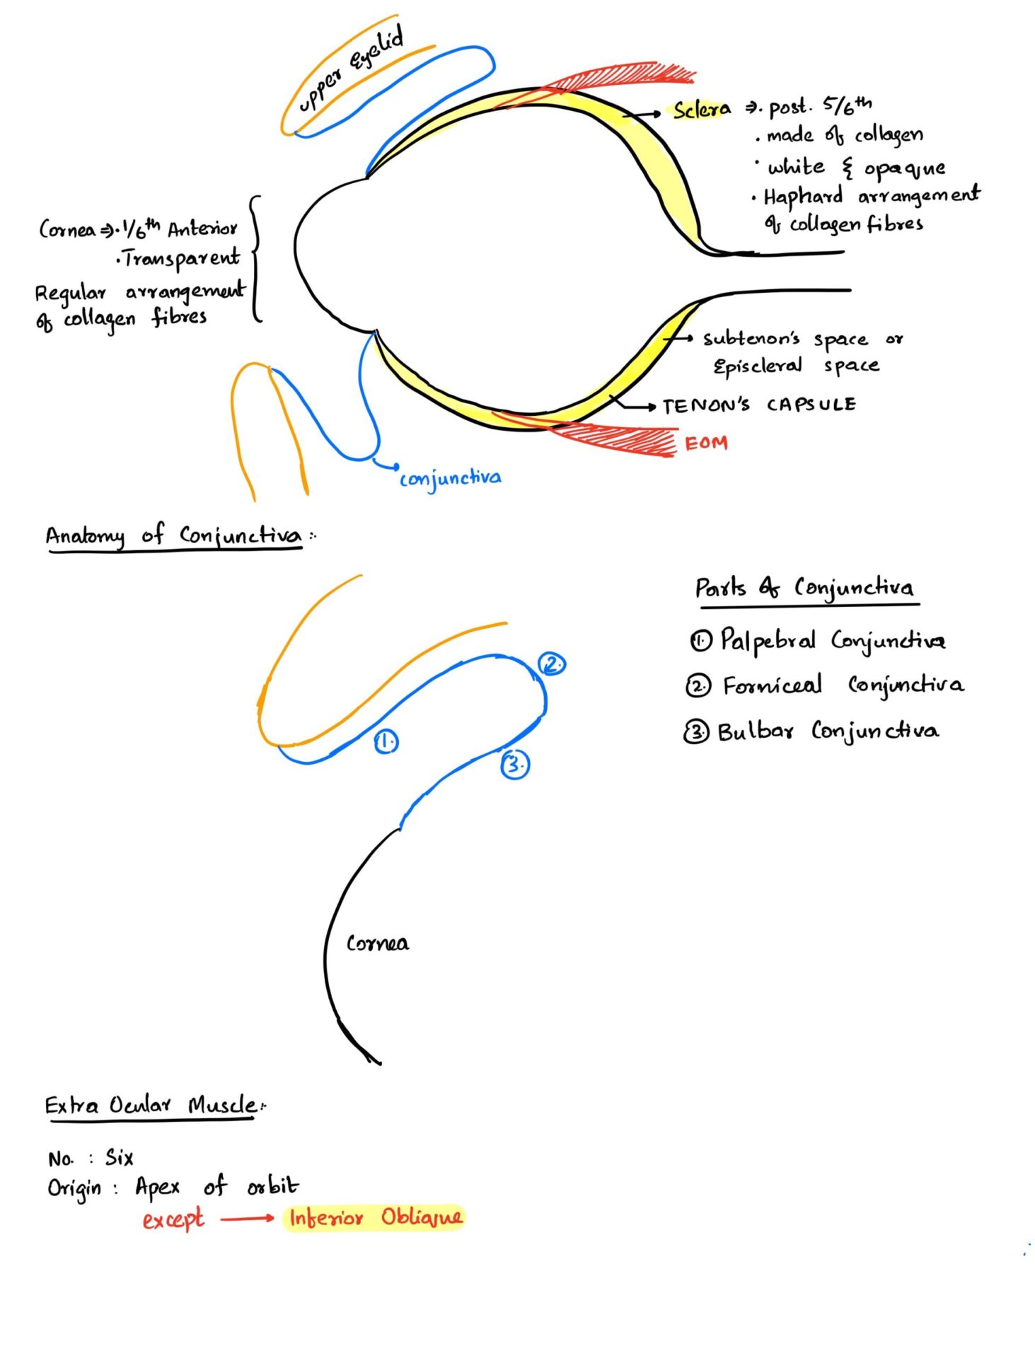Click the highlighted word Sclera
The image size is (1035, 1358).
701,110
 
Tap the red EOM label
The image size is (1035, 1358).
705,443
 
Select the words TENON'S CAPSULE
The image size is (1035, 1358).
758,405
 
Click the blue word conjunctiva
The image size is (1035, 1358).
451,479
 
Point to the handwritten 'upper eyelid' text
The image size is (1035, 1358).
351,68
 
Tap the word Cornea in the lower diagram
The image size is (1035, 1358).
377,944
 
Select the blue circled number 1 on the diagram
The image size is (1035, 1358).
386,742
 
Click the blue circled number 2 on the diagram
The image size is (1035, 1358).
552,664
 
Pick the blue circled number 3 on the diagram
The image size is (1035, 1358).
514,765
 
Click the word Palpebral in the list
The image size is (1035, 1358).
768,641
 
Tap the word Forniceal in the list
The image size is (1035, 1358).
772,685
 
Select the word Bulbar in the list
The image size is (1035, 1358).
755,731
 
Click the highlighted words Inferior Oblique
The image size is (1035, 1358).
375,1217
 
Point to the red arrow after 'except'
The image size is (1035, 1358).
247,1218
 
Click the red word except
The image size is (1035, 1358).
173,1220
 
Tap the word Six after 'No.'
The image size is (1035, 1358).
120,1158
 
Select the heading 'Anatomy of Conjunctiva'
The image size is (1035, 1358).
174,535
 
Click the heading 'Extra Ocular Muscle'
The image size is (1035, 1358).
151,1105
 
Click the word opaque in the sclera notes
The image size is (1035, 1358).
904,169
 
